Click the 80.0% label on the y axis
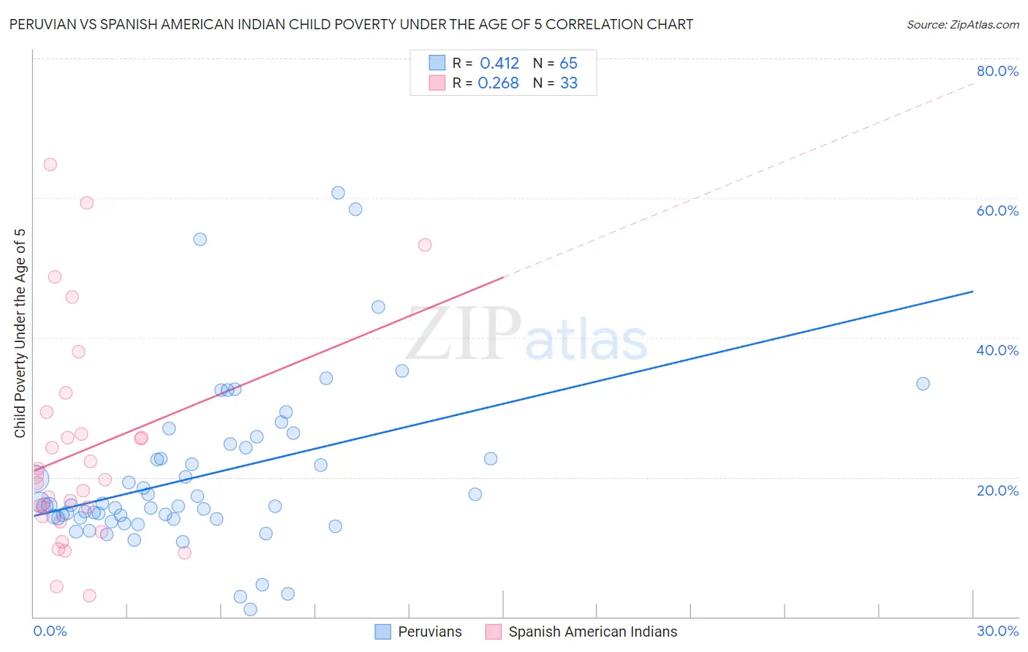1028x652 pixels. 997,71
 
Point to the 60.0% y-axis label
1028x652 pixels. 997,211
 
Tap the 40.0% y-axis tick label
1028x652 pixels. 997,350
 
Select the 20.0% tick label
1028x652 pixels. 997,490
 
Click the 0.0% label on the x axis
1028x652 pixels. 50,631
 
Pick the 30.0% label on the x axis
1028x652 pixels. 997,631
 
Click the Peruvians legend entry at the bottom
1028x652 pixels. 429,632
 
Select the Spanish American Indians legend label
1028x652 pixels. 592,632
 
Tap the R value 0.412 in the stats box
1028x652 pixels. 499,64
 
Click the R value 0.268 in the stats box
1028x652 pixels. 498,83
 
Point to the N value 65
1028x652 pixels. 568,64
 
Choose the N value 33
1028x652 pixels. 568,83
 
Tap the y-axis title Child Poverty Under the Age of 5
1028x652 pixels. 20,333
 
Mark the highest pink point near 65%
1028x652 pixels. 50,164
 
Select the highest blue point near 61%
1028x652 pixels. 338,193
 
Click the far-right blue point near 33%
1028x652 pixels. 923,384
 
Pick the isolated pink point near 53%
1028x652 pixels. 425,245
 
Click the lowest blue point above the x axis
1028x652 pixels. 250,610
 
